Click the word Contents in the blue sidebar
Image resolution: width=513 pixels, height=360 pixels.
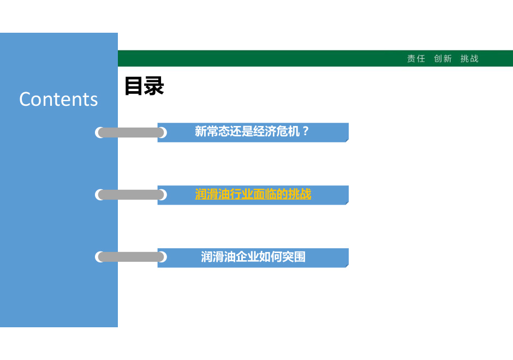58,99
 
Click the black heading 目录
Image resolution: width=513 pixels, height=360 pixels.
144,86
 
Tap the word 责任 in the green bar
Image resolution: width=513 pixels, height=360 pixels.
416,58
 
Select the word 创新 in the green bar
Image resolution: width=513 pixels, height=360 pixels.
443,58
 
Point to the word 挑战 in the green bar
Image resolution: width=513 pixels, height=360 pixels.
469,58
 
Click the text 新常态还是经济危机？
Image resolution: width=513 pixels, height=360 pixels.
252,131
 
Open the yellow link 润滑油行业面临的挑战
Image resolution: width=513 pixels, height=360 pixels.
253,194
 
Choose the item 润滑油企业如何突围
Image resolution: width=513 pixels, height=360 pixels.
253,257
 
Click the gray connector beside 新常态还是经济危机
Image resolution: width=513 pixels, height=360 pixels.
131,133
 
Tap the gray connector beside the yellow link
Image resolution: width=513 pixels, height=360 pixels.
131,195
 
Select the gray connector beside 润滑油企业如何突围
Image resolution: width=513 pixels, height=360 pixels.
131,257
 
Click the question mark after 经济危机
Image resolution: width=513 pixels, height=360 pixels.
305,131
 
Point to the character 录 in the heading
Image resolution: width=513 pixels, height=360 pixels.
154,86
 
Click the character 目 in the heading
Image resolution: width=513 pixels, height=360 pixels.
134,86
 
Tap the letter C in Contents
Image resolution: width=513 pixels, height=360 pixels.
25,99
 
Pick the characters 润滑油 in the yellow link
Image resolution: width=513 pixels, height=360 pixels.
212,194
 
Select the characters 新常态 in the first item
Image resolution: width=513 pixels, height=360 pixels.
212,131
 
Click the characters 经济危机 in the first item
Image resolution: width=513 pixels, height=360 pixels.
276,131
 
